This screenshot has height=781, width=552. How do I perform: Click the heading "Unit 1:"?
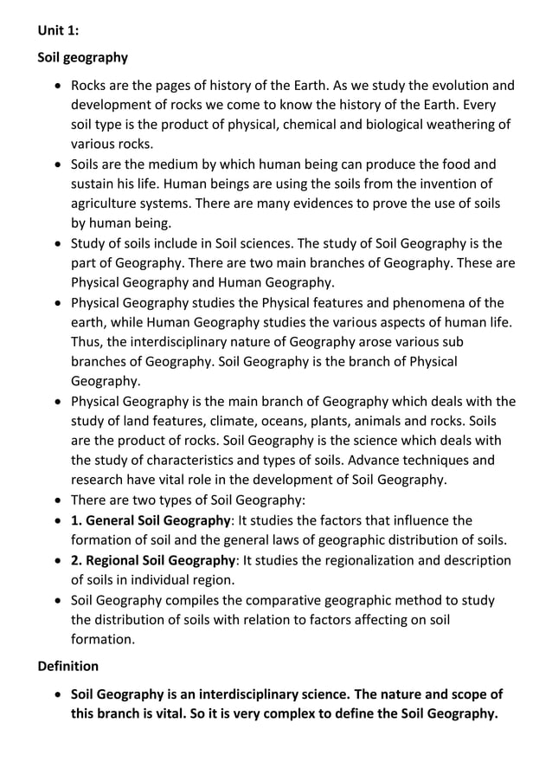[58, 30]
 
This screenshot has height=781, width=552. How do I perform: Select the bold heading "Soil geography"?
[83, 58]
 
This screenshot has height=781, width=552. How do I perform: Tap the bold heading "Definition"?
[68, 666]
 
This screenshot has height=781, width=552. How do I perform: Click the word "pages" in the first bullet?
[162, 86]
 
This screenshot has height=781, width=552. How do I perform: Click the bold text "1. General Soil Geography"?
[151, 520]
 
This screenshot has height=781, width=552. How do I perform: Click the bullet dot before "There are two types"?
[58, 500]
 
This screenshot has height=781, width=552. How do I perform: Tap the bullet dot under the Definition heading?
[58, 695]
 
